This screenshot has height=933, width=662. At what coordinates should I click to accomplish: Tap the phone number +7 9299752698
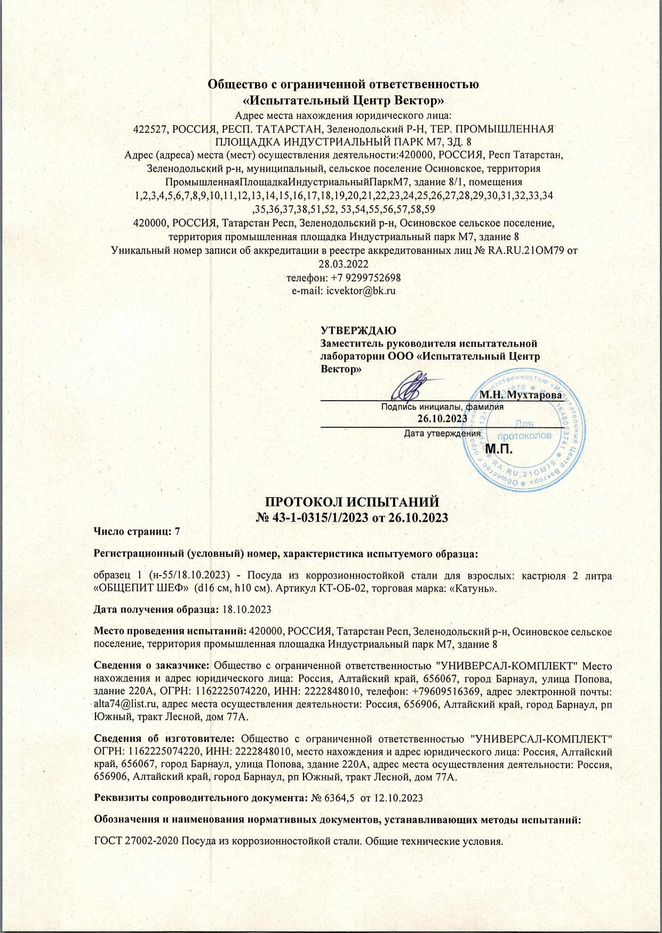[x=362, y=278]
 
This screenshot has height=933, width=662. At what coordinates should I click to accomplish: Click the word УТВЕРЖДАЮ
[x=358, y=331]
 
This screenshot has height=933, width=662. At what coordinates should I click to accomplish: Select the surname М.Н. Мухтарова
[x=520, y=395]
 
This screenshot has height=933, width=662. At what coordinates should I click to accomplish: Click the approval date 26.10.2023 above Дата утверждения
[x=442, y=419]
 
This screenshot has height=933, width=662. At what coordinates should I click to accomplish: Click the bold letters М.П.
[x=499, y=449]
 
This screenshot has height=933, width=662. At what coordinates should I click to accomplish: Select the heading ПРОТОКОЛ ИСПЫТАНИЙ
[x=352, y=502]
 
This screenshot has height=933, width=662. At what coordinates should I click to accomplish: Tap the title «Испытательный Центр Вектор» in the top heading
[x=343, y=100]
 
